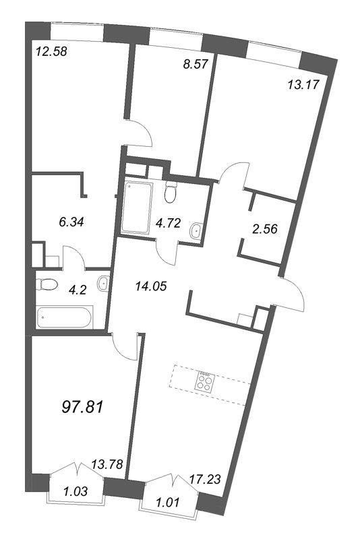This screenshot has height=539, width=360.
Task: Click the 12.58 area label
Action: [51, 52]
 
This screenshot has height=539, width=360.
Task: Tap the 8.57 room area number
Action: [196, 64]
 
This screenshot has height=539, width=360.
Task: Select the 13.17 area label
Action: [303, 84]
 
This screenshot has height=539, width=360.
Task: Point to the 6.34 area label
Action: [71, 222]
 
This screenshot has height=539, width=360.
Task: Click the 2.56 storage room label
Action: [265, 228]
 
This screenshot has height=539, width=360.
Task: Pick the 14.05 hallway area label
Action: [151, 286]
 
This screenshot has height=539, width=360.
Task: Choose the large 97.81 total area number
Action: [82, 408]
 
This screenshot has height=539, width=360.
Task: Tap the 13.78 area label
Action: [107, 464]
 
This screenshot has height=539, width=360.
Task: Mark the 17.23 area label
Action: [205, 479]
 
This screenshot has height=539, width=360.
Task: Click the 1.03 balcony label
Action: [76, 491]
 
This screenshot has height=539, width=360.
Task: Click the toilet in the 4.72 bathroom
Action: [171, 192]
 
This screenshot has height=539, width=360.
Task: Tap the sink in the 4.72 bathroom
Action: [196, 230]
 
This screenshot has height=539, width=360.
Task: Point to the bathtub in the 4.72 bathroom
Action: [137, 208]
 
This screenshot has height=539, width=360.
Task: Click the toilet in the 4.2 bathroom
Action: [47, 284]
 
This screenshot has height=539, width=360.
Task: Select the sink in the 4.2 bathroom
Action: [103, 284]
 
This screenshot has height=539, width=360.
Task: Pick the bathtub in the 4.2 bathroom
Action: [64, 317]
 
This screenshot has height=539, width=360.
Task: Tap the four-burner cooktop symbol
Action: [205, 382]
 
